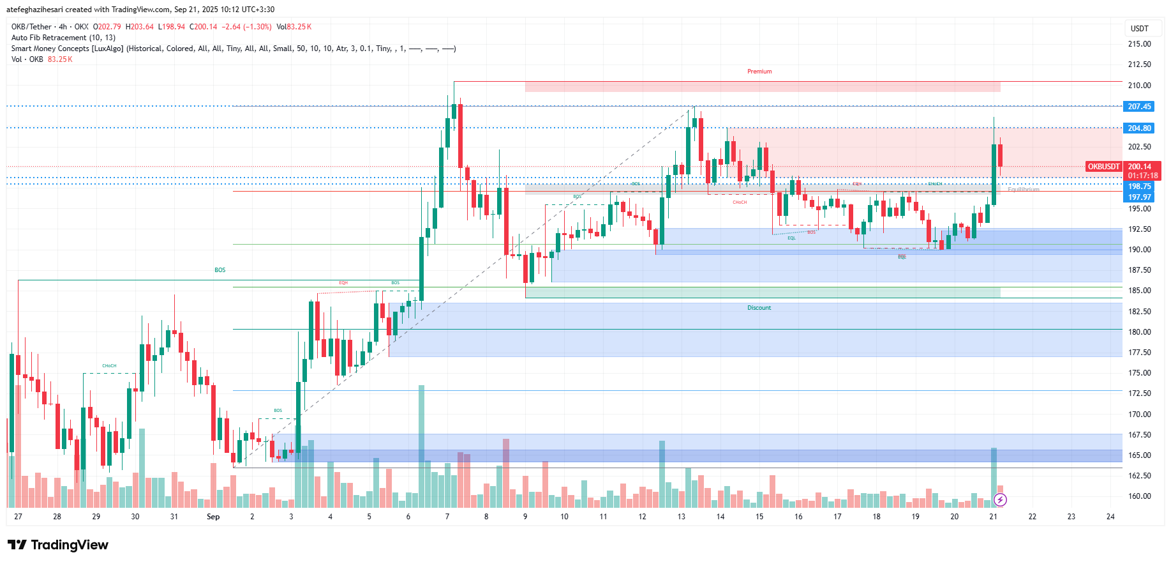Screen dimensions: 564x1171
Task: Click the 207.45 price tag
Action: click(x=1139, y=107)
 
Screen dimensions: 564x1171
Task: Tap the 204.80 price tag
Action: click(x=1139, y=128)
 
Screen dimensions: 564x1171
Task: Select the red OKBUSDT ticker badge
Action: click(x=1103, y=167)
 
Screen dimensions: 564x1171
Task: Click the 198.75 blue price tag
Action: click(x=1139, y=187)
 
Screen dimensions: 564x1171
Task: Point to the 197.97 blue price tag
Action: click(x=1139, y=197)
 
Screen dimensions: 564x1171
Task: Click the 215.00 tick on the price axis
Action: click(x=1139, y=44)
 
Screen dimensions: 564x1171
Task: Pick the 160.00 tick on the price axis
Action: click(x=1139, y=496)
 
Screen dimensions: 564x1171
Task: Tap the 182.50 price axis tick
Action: click(x=1139, y=312)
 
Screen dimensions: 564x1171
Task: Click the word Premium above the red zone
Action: click(x=759, y=72)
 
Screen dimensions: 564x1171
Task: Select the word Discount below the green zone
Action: click(x=759, y=308)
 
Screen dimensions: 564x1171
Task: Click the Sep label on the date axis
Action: click(x=213, y=517)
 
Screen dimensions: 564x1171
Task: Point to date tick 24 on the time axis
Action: click(x=1110, y=517)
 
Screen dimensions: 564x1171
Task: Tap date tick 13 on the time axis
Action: click(x=682, y=517)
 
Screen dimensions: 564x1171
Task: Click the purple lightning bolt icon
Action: click(x=1000, y=499)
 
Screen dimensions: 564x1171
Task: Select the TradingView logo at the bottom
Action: click(x=58, y=545)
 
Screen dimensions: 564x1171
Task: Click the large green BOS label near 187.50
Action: click(x=220, y=270)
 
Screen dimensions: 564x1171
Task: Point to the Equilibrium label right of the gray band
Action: click(x=1023, y=190)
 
